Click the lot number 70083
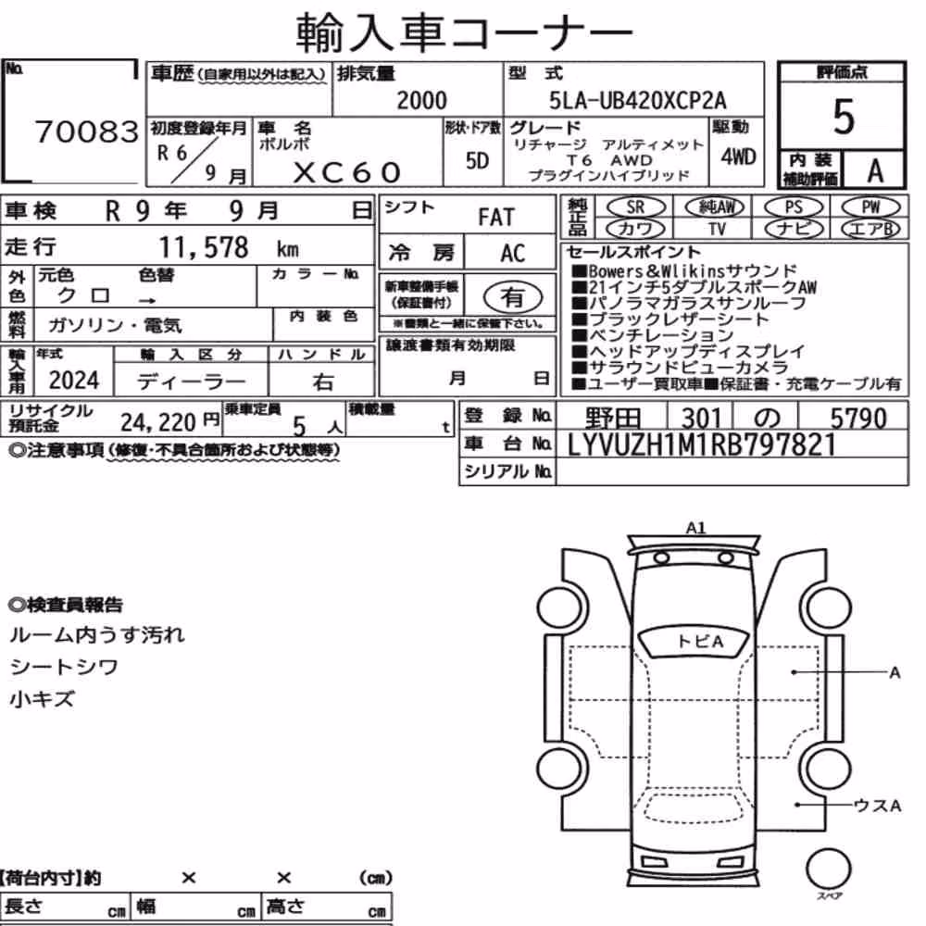[87, 131]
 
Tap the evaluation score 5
[844, 117]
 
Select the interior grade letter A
[875, 171]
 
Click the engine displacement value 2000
[421, 100]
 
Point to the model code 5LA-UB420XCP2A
[638, 100]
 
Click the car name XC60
[347, 172]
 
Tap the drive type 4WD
[738, 157]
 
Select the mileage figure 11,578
[204, 247]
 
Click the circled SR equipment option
[636, 207]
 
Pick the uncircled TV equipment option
[717, 229]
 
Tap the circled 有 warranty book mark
[513, 297]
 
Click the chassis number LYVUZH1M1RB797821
[702, 444]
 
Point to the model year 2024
[74, 381]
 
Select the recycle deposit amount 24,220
[158, 422]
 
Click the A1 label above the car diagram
[695, 528]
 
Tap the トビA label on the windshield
[700, 642]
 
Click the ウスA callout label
[877, 806]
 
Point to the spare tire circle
[829, 869]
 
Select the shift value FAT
[496, 218]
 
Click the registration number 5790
[858, 419]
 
